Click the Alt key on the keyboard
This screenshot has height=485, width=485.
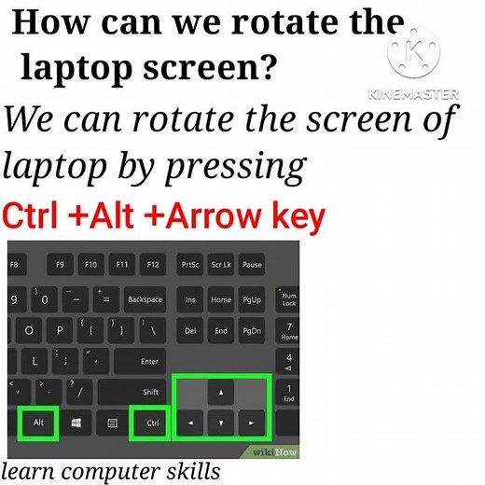38,423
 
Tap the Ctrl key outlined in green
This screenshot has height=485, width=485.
152,423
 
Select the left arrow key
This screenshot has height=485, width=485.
191,423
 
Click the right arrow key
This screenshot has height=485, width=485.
252,423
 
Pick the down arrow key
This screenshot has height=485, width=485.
221,423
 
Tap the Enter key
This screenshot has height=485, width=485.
148,361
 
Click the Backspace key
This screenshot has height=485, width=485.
145,299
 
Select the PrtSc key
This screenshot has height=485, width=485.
190,265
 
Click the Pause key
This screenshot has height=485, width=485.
252,265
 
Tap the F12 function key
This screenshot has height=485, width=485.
152,265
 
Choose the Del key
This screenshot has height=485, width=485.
190,330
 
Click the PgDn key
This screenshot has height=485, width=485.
252,330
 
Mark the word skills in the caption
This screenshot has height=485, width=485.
190,471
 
